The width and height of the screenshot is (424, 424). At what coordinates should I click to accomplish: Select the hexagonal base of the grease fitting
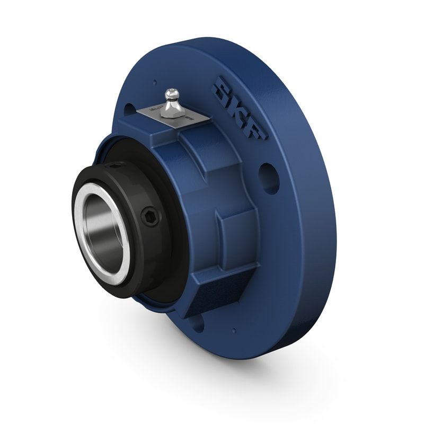(x=173, y=109)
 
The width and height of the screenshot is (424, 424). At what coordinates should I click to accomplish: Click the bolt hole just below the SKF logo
(x=269, y=178)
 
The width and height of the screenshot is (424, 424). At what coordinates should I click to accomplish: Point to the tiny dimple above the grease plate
(x=154, y=82)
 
